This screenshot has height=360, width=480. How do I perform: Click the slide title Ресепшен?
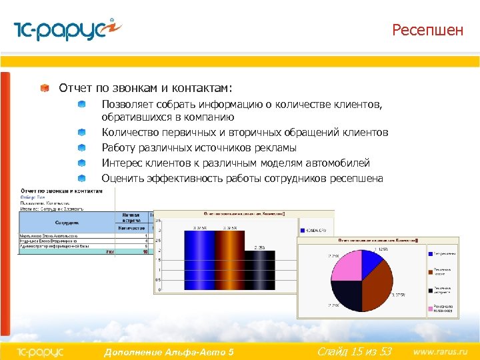click(x=427, y=30)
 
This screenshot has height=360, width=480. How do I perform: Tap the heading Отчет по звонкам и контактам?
click(x=145, y=88)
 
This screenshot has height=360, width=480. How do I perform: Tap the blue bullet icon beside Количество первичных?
click(x=81, y=132)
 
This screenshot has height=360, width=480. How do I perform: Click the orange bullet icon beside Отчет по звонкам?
click(x=44, y=88)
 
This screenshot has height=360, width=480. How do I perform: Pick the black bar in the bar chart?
click(x=255, y=270)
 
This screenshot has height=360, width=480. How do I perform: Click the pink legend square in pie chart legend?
click(x=429, y=309)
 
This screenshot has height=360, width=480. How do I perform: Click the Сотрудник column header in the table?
click(x=67, y=221)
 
